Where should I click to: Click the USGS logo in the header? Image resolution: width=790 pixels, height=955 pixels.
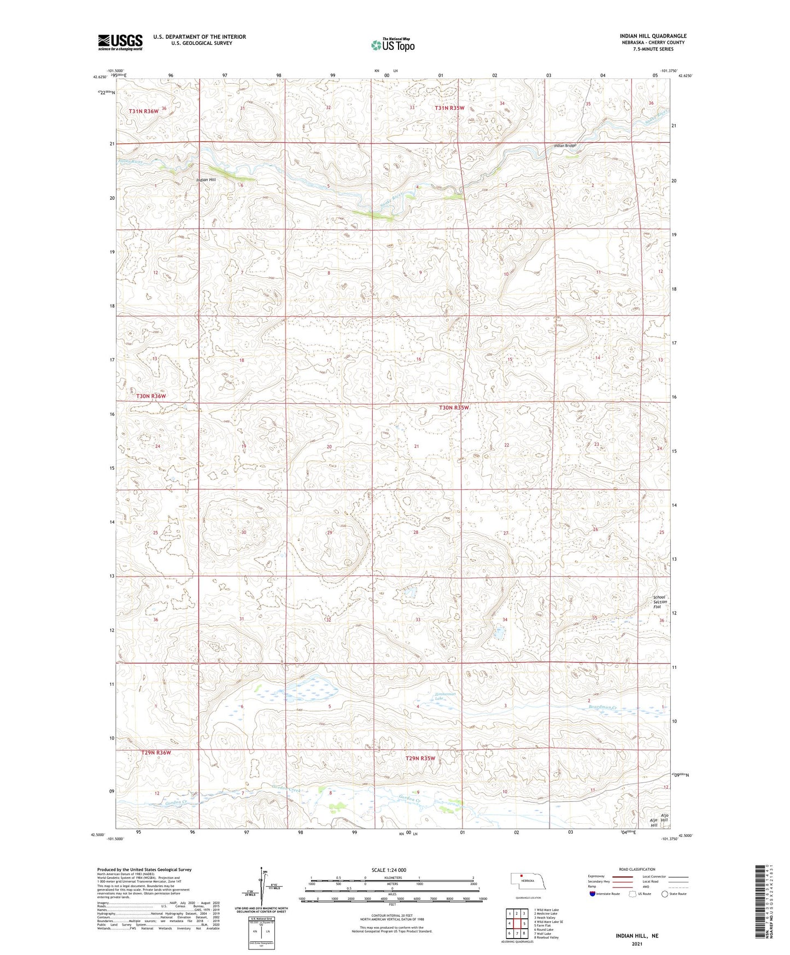coord(120,42)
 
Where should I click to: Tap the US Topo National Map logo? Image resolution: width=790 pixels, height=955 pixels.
coord(392,45)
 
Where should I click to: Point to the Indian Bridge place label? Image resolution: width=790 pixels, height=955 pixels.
coord(565,146)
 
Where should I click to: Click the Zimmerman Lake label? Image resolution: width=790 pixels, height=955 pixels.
coord(445,696)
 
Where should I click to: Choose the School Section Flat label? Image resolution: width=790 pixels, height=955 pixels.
coord(660,602)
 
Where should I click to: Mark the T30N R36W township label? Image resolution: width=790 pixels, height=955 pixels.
coord(147,396)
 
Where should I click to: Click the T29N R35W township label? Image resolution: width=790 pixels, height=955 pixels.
coord(420,758)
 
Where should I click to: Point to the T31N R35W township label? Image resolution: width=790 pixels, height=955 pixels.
coord(449,108)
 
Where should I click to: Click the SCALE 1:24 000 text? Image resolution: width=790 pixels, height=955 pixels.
coord(388,870)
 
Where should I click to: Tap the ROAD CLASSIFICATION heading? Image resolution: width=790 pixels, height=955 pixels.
coord(636,869)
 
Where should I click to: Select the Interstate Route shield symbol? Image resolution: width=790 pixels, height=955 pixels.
coord(593,894)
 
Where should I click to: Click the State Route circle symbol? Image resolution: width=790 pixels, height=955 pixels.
coord(665,894)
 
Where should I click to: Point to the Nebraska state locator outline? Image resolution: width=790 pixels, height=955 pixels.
coord(527,882)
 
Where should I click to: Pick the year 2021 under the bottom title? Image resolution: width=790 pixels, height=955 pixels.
coord(636,944)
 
